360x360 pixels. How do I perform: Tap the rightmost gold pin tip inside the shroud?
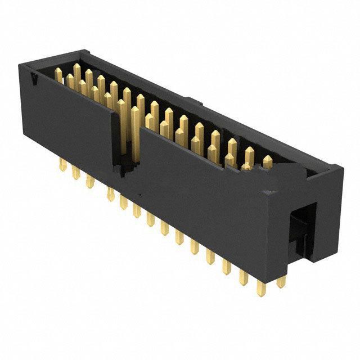click(267, 162)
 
